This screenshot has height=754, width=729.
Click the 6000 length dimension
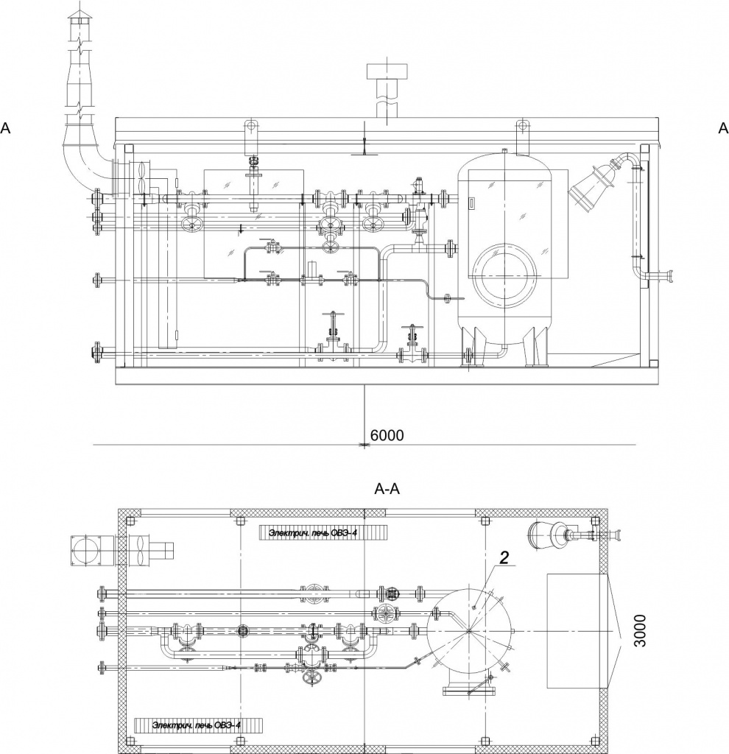(387, 435)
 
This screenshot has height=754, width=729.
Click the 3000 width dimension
(640, 630)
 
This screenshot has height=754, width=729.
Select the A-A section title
(387, 489)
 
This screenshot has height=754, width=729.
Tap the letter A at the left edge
(5, 128)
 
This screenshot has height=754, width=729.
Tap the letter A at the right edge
(723, 128)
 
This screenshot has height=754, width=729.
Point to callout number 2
(504, 557)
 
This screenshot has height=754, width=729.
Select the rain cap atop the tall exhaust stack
(80, 15)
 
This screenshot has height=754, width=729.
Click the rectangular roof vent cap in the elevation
(387, 71)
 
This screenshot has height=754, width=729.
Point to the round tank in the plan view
(469, 631)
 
